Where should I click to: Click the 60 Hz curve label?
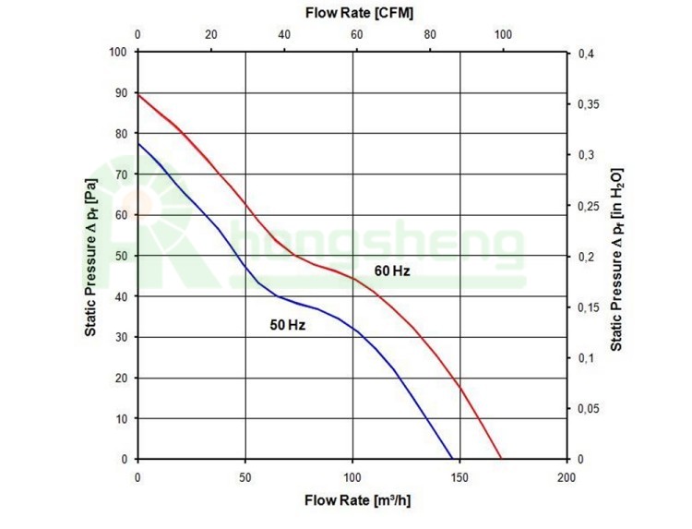[x=391, y=272]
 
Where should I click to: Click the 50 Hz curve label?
[x=288, y=326]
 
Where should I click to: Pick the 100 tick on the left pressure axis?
[x=118, y=52]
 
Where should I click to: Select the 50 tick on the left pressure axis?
[x=121, y=256]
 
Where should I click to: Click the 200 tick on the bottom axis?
[x=567, y=476]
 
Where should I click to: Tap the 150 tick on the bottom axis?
[x=459, y=476]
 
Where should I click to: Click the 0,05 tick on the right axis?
[x=591, y=409]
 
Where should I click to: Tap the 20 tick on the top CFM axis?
[x=211, y=35]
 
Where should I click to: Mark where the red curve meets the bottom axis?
[x=501, y=459]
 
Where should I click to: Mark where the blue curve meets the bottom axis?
[x=452, y=459]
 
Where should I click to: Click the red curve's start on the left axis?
[x=138, y=94]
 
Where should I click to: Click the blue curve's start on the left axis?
[x=138, y=143]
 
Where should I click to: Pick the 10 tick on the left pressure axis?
[x=121, y=418]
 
